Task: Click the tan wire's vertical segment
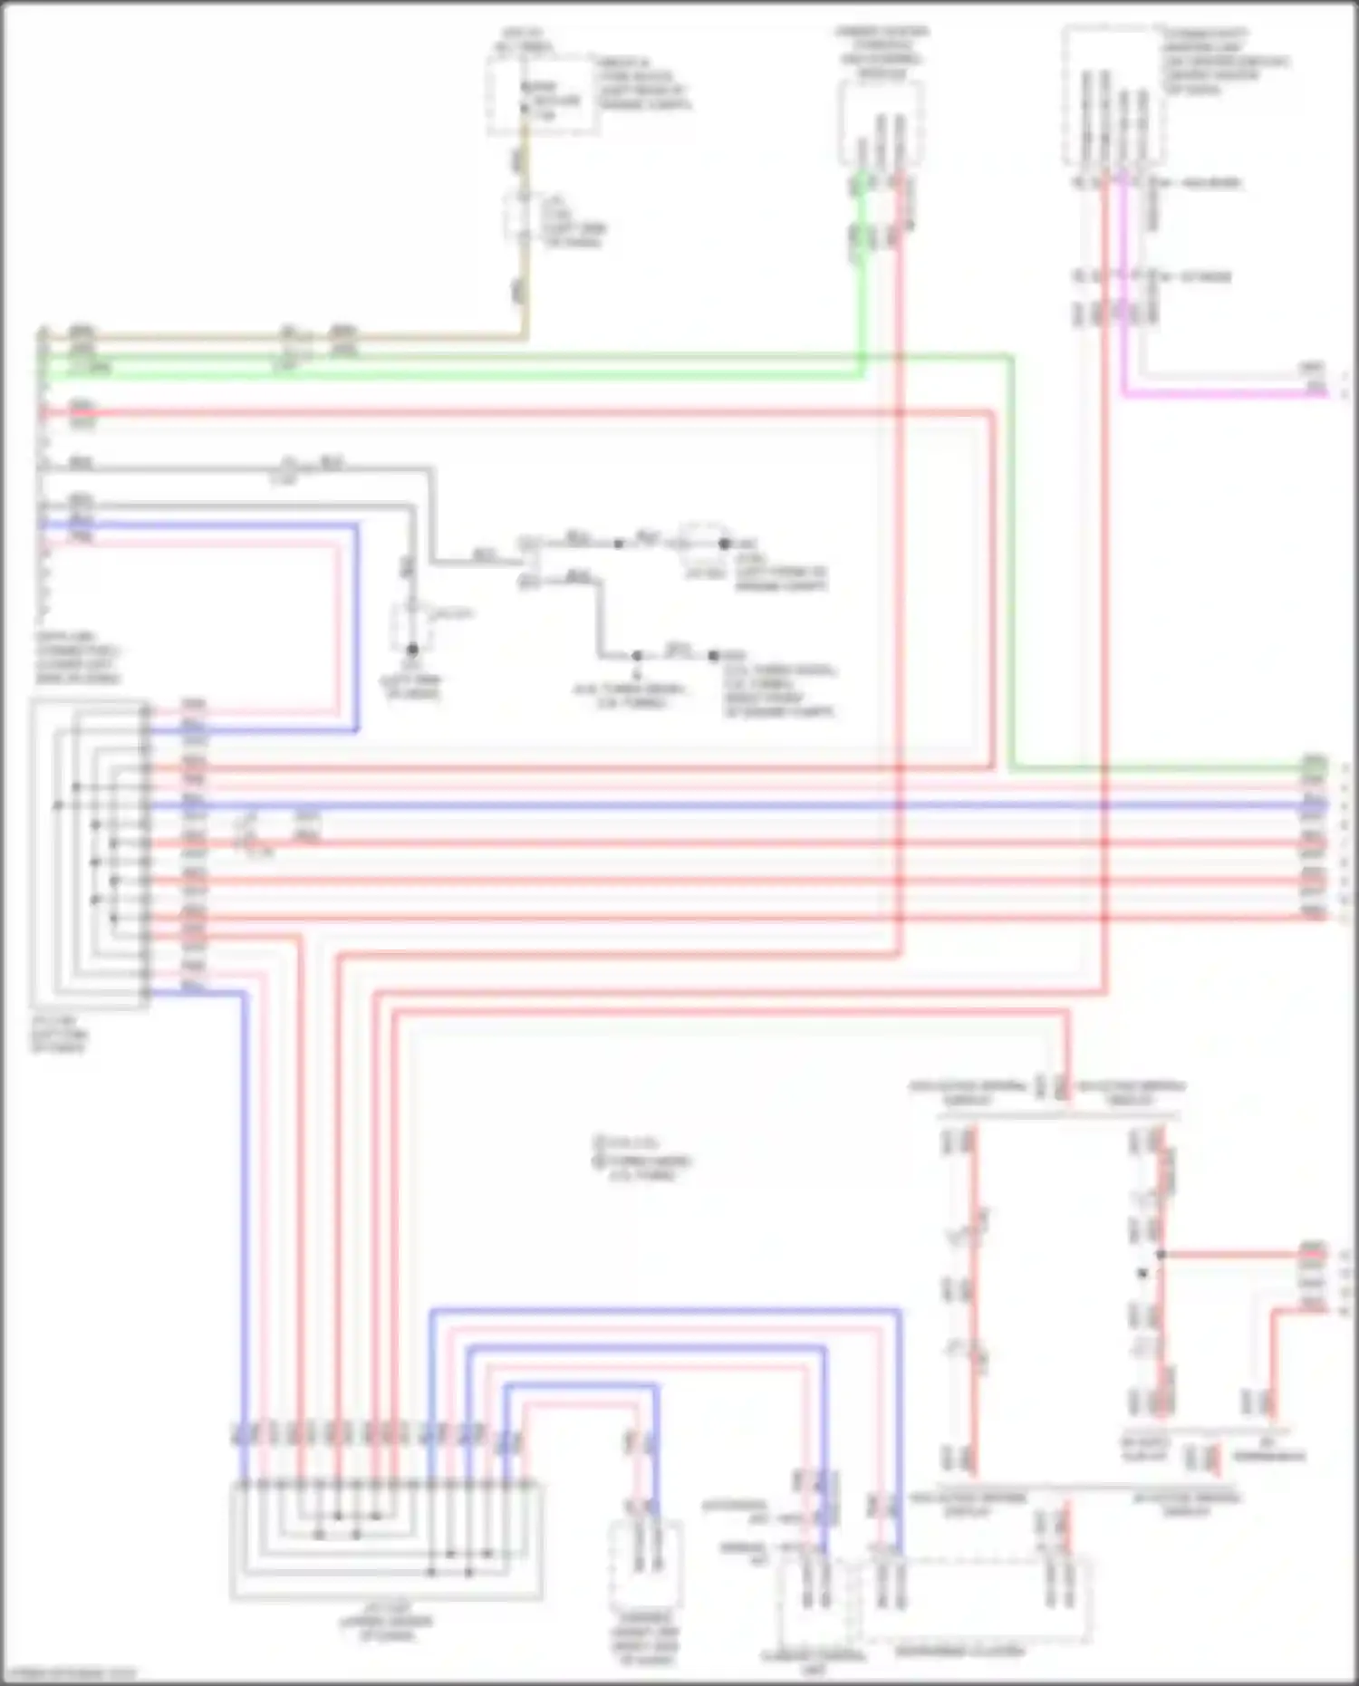[x=525, y=272]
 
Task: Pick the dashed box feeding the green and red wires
[x=880, y=122]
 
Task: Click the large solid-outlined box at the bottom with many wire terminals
[x=387, y=1540]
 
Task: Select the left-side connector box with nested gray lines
[x=90, y=852]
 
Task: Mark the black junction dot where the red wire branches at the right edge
[x=1161, y=1255]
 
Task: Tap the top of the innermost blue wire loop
[x=580, y=1384]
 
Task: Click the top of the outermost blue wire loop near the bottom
[x=666, y=1310]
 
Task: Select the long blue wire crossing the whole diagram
[x=725, y=804]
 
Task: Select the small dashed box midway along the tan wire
[x=523, y=218]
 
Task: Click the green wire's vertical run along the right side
[x=1011, y=562]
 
